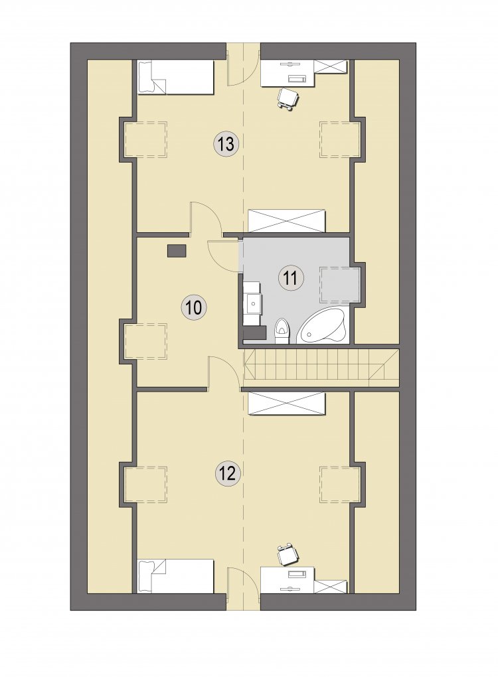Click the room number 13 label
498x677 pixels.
coord(226,143)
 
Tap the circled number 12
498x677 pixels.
coord(227,474)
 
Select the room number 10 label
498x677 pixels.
coord(194,308)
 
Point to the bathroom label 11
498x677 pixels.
coord(291,277)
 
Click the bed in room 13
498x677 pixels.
coord(175,77)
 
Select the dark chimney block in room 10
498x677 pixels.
coord(176,250)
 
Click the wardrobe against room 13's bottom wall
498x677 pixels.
coord(286,220)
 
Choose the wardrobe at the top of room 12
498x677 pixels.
coord(286,404)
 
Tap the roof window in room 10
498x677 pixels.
coord(145,341)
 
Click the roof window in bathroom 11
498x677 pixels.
coord(339,285)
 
